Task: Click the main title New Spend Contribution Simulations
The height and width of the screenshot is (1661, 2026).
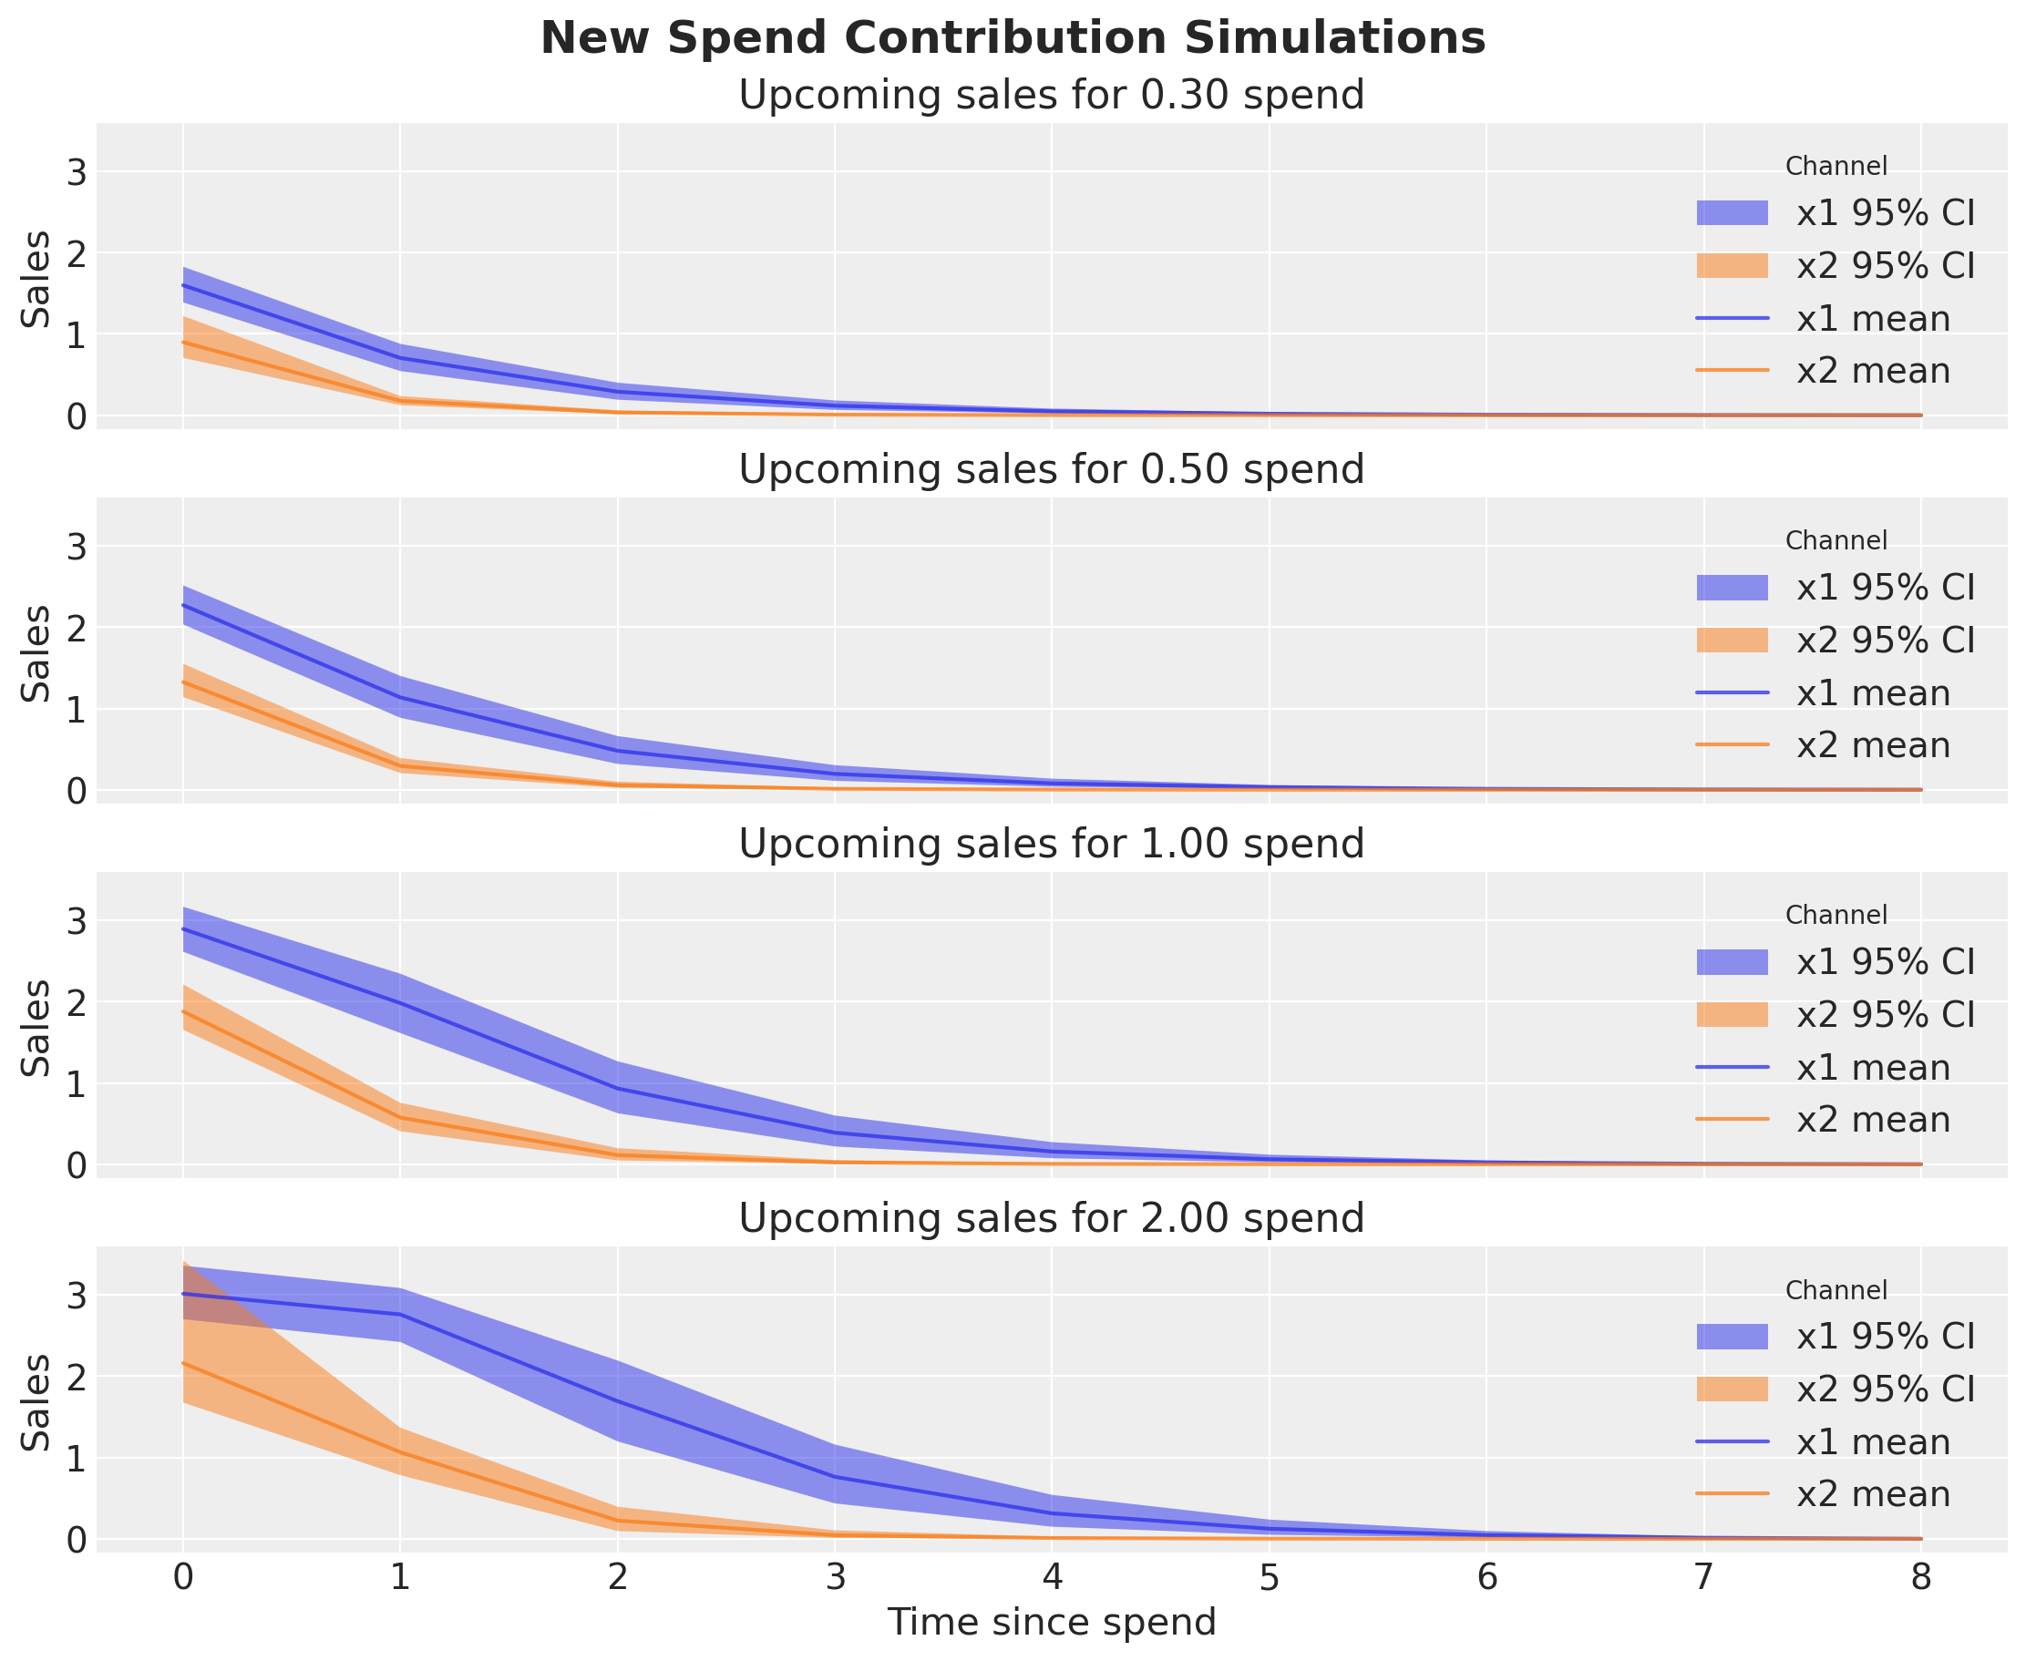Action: pyautogui.click(x=1013, y=39)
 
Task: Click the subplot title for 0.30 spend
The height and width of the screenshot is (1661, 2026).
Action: pyautogui.click(x=1051, y=96)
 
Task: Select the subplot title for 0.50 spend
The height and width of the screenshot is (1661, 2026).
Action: pyautogui.click(x=1051, y=470)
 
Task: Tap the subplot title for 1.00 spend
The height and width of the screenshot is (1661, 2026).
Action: pyautogui.click(x=1051, y=844)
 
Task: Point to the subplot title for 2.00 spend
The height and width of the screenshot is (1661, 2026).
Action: pyautogui.click(x=1051, y=1219)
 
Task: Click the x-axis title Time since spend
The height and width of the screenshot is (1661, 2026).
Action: pyautogui.click(x=1051, y=1622)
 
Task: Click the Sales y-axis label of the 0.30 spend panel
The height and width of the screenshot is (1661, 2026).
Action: pyautogui.click(x=36, y=279)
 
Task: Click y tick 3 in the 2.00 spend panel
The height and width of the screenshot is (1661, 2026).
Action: pyautogui.click(x=75, y=1297)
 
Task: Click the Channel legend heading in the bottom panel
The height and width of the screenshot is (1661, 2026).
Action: pyautogui.click(x=1836, y=1291)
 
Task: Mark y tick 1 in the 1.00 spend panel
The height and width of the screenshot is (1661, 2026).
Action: pyautogui.click(x=75, y=1084)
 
